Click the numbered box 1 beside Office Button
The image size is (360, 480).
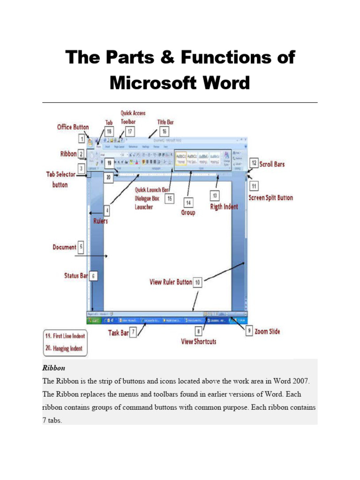pyautogui.click(x=82, y=139)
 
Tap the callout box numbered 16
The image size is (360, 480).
pyautogui.click(x=164, y=132)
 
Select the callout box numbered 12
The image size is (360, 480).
pyautogui.click(x=253, y=164)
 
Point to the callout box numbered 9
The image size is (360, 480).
pyautogui.click(x=250, y=331)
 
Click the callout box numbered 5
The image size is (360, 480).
pyautogui.click(x=82, y=247)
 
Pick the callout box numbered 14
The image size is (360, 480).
pyautogui.click(x=188, y=203)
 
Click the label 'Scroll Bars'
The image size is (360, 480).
pyautogui.click(x=272, y=165)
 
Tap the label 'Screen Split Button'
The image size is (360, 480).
pyautogui.click(x=270, y=198)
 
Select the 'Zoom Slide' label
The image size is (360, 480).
pyautogui.click(x=268, y=331)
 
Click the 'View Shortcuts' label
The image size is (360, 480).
pyautogui.click(x=199, y=342)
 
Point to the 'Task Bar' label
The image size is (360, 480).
pyautogui.click(x=118, y=333)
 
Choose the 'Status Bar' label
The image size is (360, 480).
pyautogui.click(x=76, y=276)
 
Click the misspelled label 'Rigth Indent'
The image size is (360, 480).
pyautogui.click(x=224, y=207)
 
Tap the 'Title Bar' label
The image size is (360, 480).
pyautogui.click(x=165, y=122)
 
